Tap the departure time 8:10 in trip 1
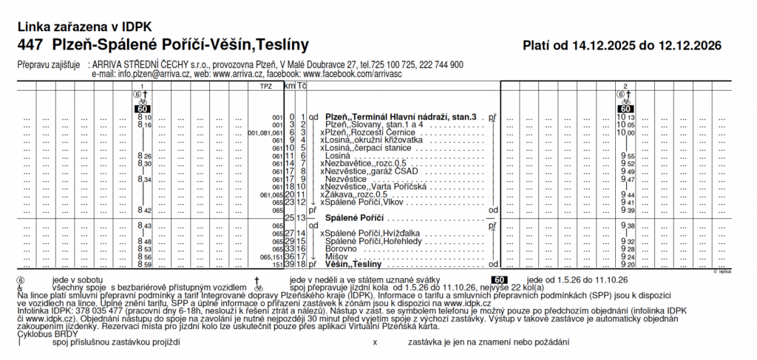144,118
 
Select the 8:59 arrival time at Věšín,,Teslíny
144,264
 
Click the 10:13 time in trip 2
626,118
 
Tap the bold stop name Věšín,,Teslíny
353,264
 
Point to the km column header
290,86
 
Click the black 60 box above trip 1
143,109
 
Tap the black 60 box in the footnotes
499,279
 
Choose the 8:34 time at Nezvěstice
144,179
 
